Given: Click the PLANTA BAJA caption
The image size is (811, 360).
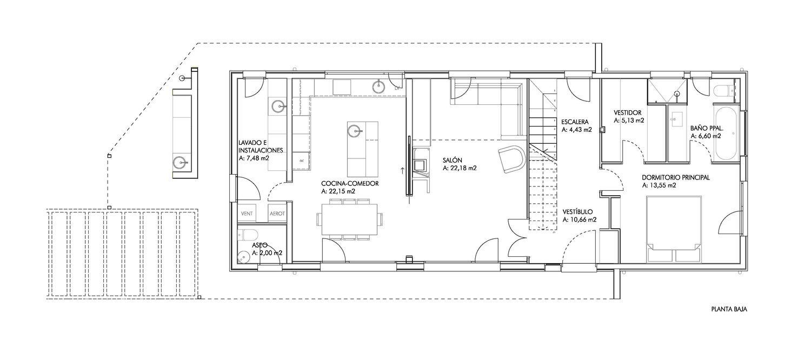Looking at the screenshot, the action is click(729, 309).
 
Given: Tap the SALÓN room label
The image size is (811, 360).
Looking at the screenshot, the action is click(452, 161).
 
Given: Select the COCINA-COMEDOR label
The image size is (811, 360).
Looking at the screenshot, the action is click(350, 183).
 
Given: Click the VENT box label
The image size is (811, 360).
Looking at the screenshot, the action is click(247, 214).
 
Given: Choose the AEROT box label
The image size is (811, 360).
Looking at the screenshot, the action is click(277, 214).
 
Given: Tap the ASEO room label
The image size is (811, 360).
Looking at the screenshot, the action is click(260, 245).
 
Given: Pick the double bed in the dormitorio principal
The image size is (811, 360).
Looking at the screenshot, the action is click(674, 229).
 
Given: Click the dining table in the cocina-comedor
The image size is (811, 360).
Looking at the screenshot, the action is click(349, 219).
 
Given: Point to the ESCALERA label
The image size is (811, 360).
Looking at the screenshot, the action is click(575, 122).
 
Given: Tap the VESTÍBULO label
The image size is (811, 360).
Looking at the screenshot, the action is click(577, 212).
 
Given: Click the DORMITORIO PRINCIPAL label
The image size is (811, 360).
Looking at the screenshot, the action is click(676, 178).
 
